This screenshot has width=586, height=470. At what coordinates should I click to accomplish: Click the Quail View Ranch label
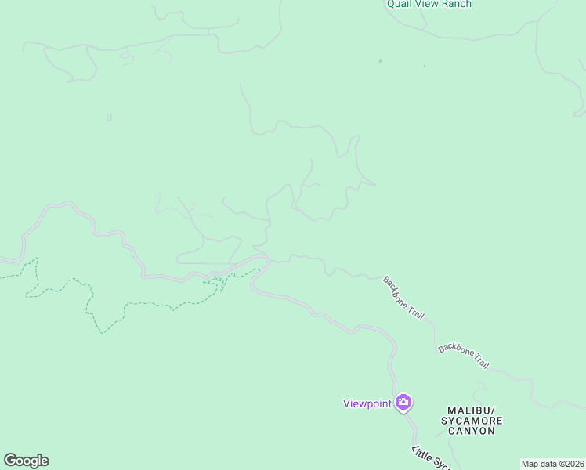(429, 4)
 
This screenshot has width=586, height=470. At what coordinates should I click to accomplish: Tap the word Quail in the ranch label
(399, 4)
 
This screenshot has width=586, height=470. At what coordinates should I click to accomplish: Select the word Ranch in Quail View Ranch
(458, 4)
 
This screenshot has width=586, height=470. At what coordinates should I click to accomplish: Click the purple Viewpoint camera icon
(403, 403)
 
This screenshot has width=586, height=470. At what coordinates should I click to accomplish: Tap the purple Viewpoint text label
(367, 403)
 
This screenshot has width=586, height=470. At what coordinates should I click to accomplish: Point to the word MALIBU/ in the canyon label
(472, 410)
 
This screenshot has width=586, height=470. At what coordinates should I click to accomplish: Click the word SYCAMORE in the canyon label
(472, 421)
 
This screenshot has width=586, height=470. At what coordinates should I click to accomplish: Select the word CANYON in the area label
(472, 431)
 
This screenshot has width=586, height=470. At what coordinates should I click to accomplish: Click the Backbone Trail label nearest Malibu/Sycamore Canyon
(463, 356)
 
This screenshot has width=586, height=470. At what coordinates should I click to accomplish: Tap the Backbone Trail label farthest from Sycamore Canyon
(403, 297)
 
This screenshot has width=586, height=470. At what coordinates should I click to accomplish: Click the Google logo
(26, 461)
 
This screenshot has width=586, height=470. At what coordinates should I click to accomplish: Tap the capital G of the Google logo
(9, 461)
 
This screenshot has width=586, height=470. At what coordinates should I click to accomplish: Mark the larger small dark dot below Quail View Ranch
(381, 60)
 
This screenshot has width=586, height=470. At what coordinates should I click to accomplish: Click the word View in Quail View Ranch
(429, 4)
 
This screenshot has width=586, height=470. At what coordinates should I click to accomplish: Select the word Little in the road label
(420, 454)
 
